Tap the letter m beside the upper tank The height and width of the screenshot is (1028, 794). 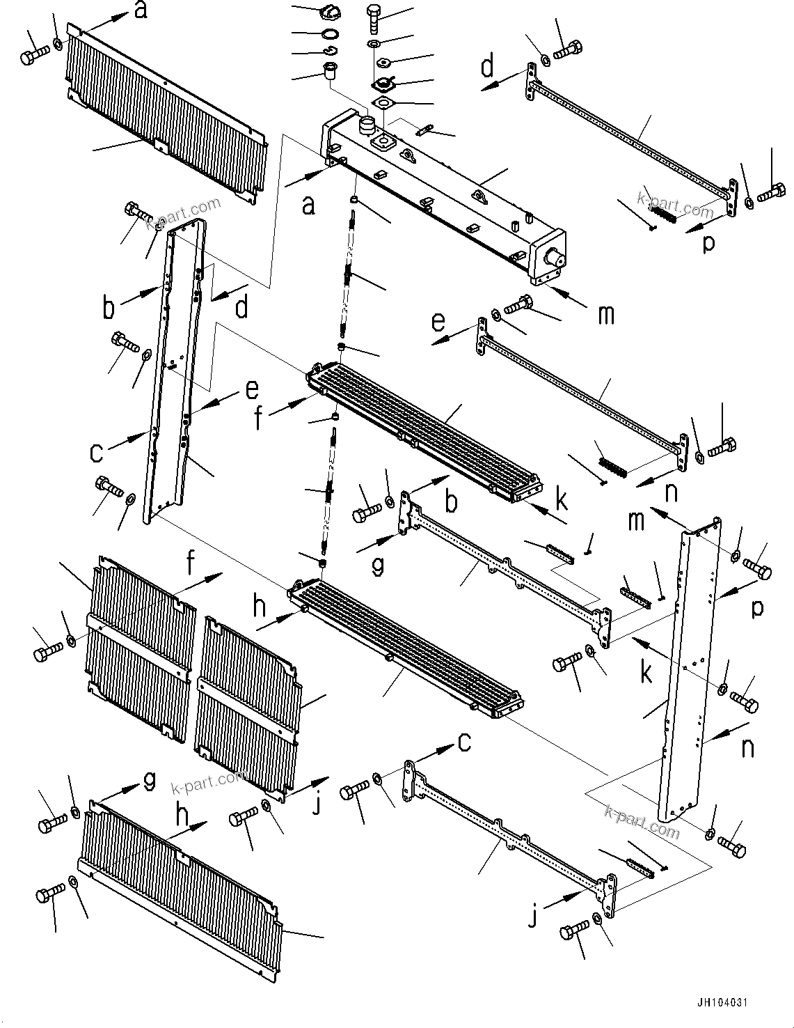(x=606, y=314)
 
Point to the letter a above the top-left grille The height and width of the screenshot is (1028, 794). (x=141, y=10)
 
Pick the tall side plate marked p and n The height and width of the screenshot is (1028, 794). (x=689, y=669)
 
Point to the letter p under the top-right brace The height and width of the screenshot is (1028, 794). (x=708, y=244)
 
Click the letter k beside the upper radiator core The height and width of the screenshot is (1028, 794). (x=561, y=500)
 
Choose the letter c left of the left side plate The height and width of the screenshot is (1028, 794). (x=97, y=453)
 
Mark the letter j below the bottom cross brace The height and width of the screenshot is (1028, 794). (x=533, y=918)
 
